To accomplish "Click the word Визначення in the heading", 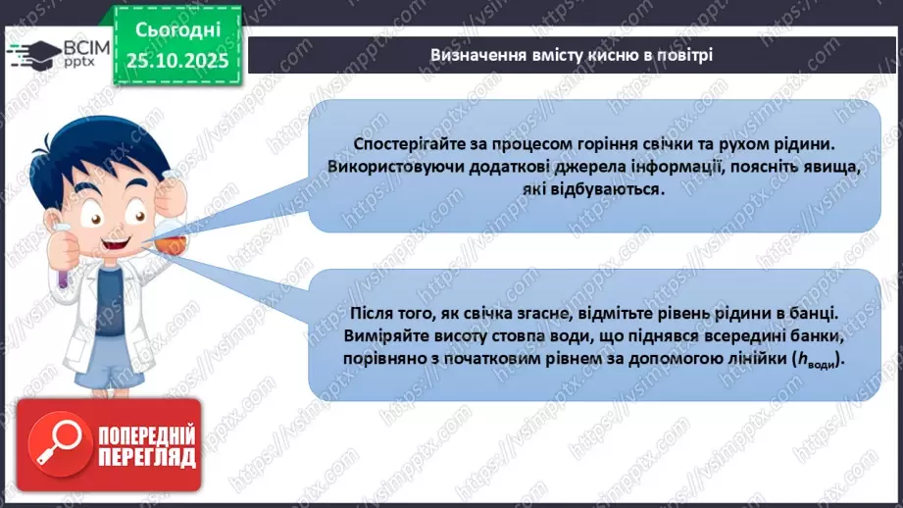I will point(475,55).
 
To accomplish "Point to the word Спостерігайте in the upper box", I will point(386,144).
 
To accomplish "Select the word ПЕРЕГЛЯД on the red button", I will point(146,458).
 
